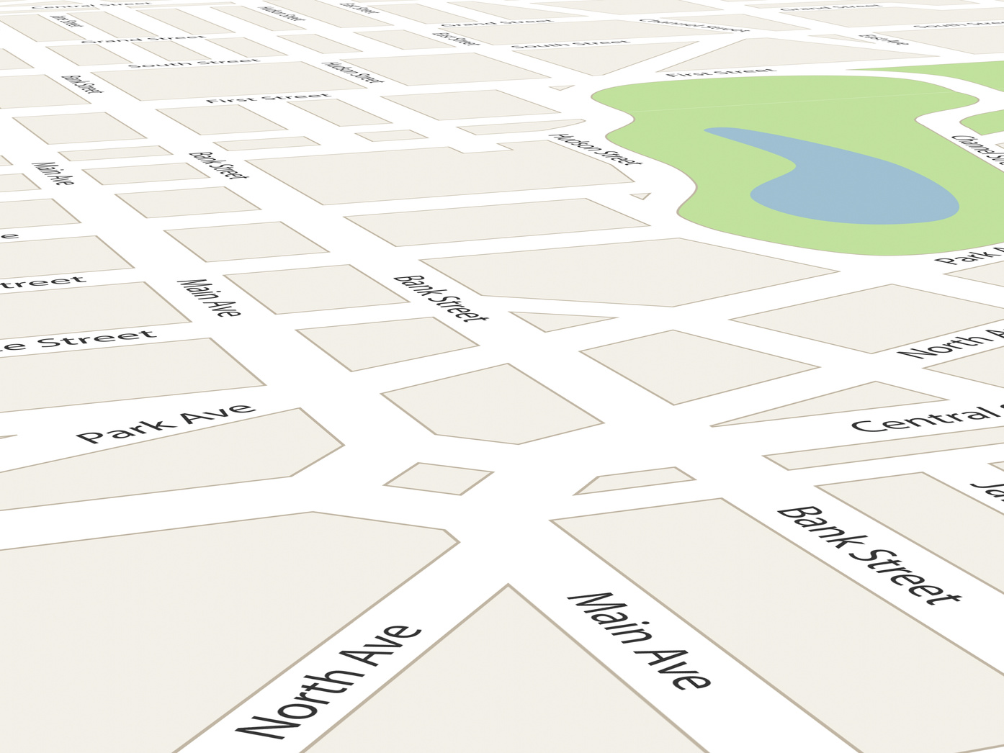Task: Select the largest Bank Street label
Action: pos(869,554)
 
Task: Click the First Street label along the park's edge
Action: pos(720,72)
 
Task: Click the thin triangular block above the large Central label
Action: pos(828,405)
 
